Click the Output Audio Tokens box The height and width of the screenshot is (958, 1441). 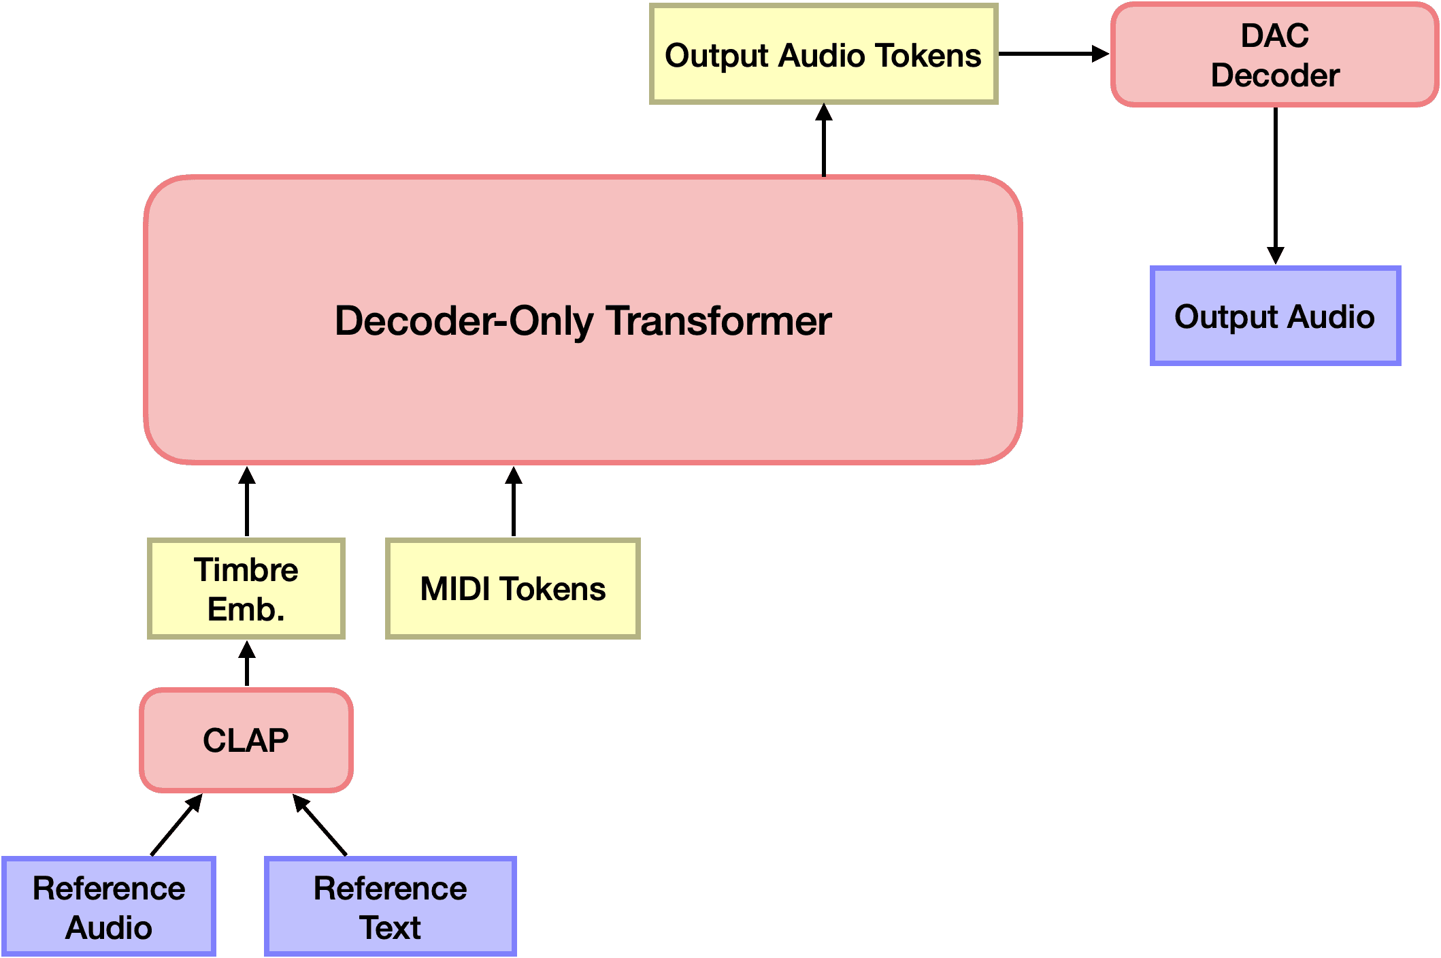(x=824, y=54)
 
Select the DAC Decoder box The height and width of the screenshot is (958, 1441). (x=1275, y=54)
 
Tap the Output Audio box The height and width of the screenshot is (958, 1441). (x=1275, y=316)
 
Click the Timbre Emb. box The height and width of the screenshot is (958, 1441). (x=246, y=589)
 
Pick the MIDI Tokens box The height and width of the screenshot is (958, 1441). (x=513, y=589)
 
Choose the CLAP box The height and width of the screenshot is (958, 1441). (x=246, y=740)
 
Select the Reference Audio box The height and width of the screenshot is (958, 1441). (x=109, y=907)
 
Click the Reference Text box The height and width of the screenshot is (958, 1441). (x=391, y=907)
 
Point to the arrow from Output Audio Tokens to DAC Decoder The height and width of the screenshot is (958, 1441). (x=1054, y=54)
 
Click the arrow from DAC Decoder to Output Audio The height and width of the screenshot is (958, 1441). (x=1276, y=185)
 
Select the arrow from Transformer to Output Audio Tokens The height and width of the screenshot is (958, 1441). (x=824, y=140)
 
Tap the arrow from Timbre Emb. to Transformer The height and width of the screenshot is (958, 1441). (x=247, y=501)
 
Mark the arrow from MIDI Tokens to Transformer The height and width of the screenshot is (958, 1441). (x=514, y=501)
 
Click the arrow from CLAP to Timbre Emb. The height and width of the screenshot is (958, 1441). (x=247, y=663)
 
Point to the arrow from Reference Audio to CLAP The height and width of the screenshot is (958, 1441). (x=177, y=825)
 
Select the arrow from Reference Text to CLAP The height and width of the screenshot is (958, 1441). (x=320, y=825)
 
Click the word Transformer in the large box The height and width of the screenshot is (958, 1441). (x=718, y=320)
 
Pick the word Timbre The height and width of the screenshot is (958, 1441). (x=246, y=569)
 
